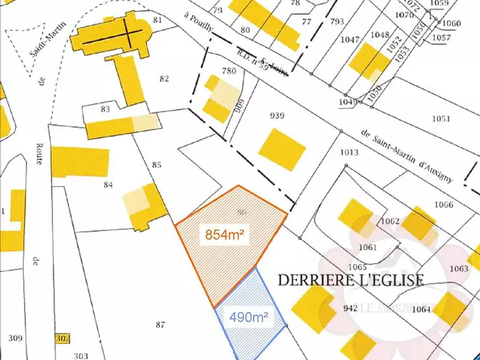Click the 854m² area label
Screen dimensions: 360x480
(227, 235)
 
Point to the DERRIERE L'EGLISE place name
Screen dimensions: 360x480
(351, 280)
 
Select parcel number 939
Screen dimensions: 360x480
(277, 116)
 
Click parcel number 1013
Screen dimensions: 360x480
(349, 152)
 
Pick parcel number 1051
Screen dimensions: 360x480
(441, 119)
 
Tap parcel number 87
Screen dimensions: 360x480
(160, 325)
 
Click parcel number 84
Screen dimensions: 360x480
(108, 185)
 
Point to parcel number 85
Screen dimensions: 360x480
(157, 164)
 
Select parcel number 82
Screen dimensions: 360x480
(164, 79)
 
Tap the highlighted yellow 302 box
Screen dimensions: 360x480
(62, 338)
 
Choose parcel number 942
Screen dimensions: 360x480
(350, 308)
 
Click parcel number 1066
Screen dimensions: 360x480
(443, 205)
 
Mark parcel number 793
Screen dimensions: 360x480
(337, 22)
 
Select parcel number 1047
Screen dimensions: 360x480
(349, 41)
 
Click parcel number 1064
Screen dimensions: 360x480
(422, 310)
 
